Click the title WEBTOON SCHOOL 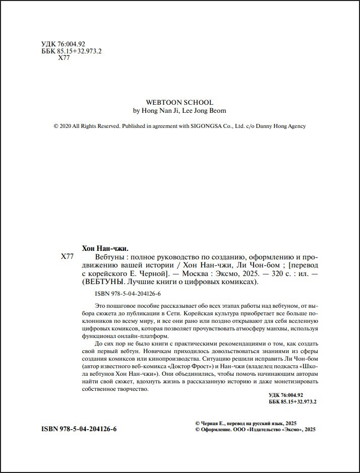(x=179, y=102)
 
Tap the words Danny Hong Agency (x=284, y=126)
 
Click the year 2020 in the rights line (x=66, y=126)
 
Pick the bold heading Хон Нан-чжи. (x=105, y=248)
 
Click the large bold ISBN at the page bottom (x=79, y=430)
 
